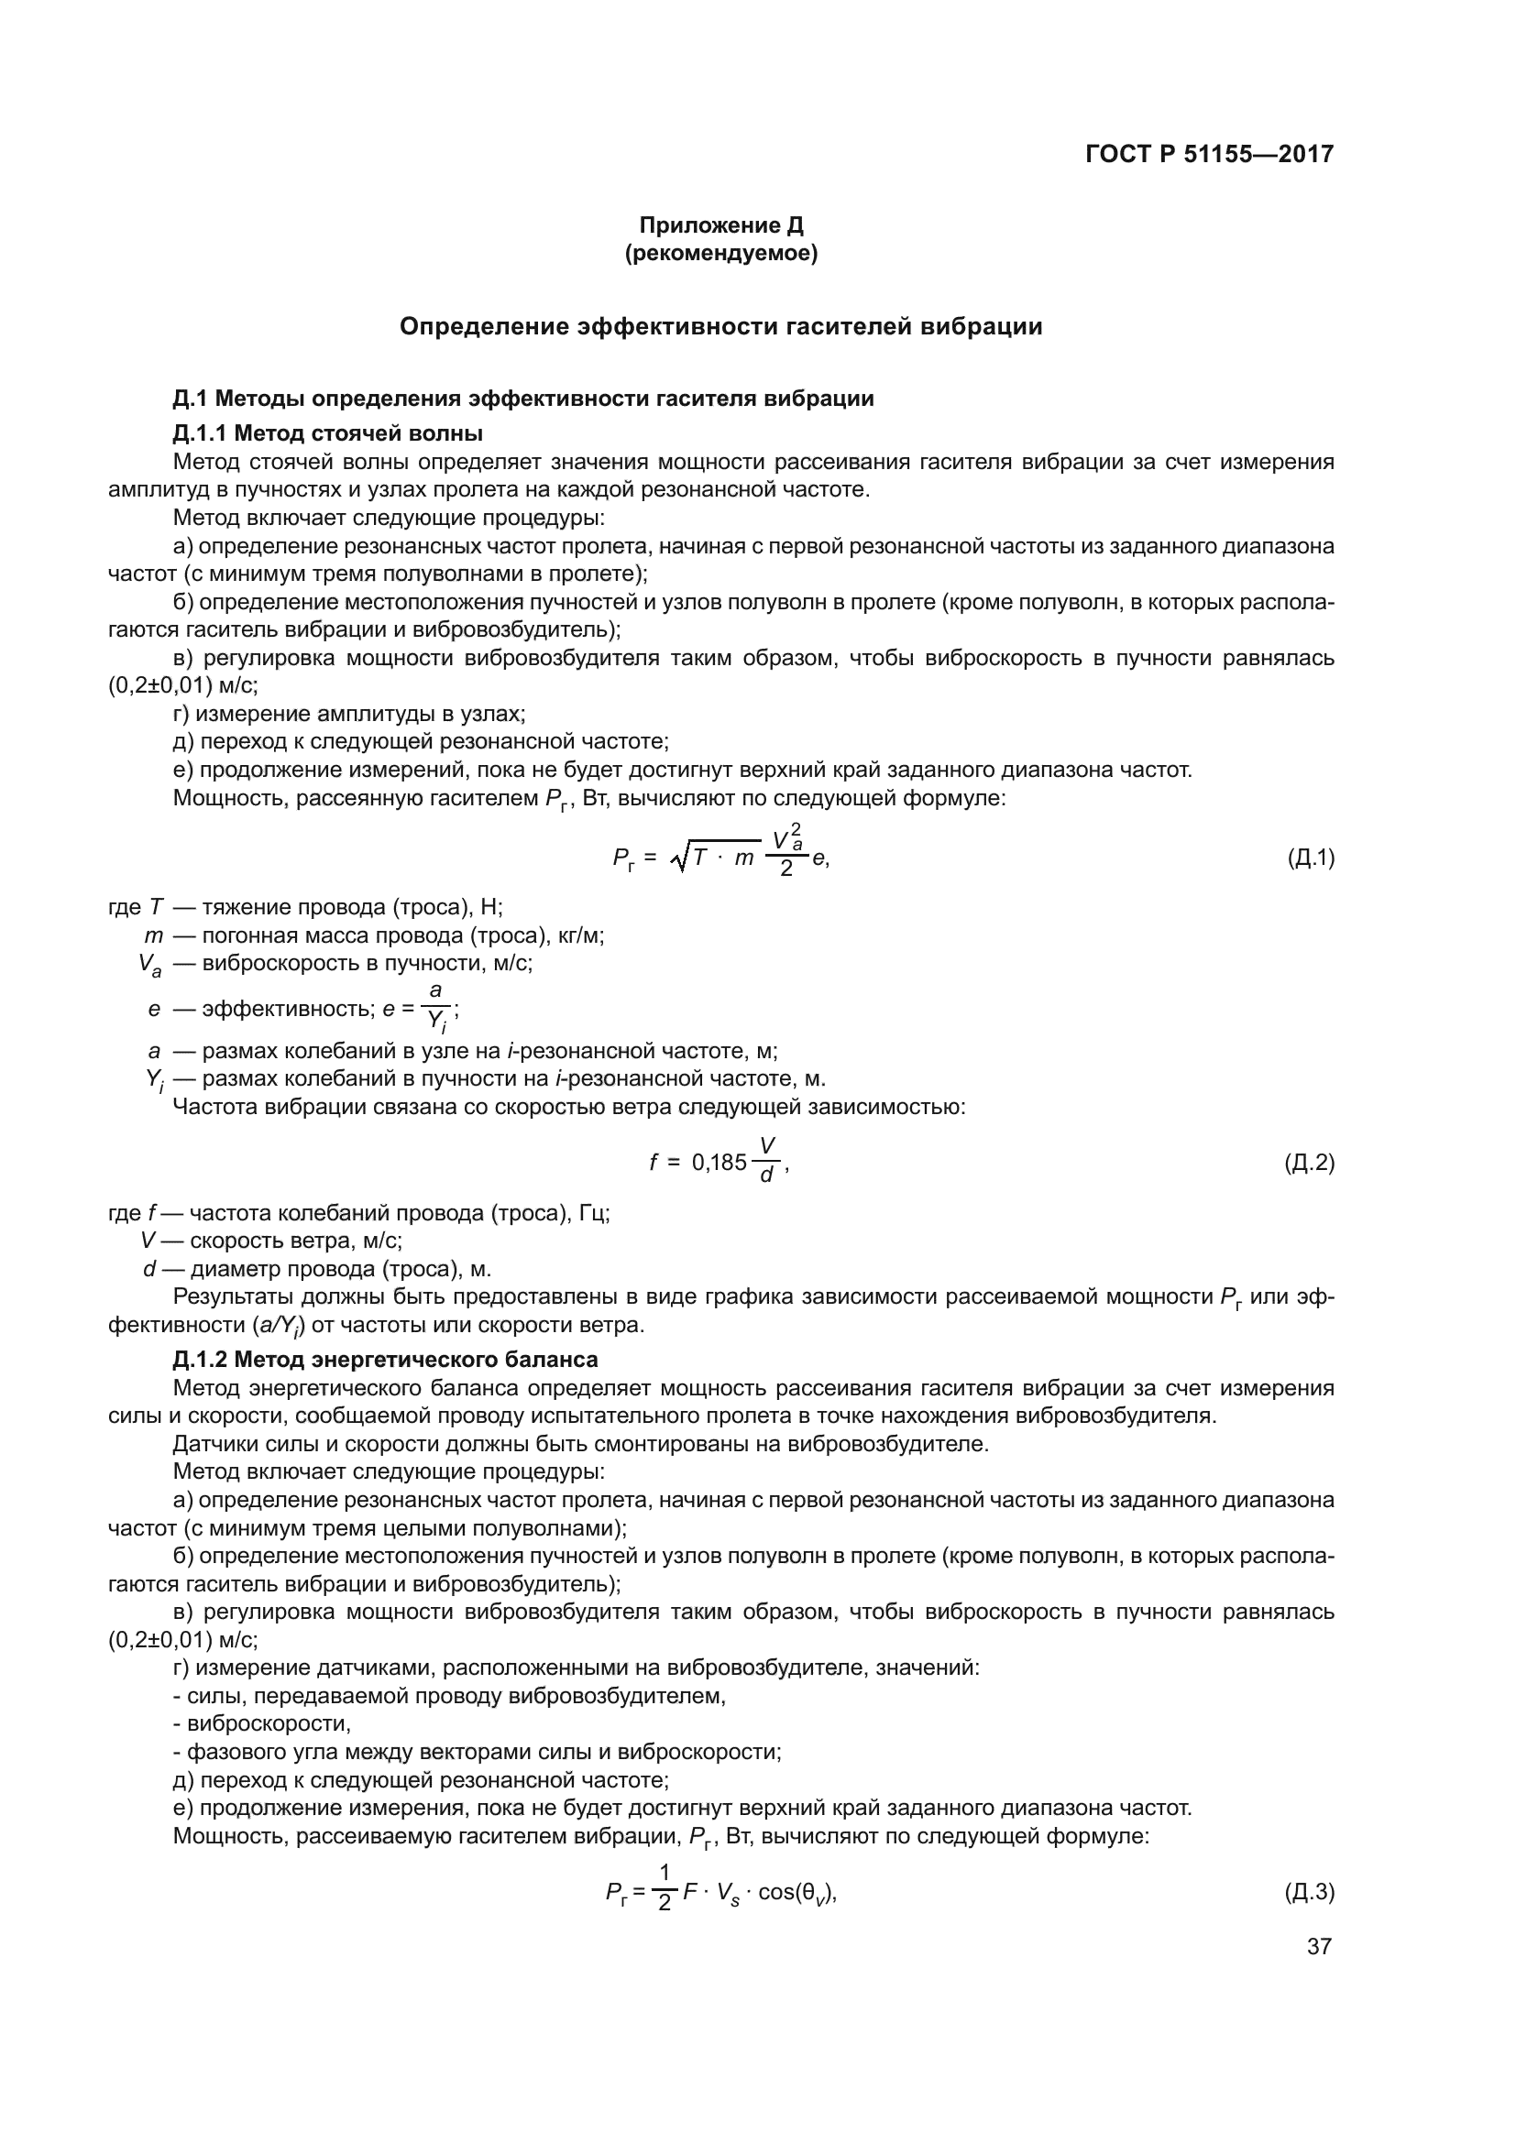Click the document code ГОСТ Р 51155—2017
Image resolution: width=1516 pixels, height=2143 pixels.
click(x=1209, y=154)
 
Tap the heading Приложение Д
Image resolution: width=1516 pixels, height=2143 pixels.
click(x=720, y=225)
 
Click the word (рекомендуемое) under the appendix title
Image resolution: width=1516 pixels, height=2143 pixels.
click(x=720, y=253)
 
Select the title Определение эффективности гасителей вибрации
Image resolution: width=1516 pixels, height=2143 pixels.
click(x=720, y=327)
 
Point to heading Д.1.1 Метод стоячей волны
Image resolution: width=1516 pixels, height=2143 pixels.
click(x=327, y=433)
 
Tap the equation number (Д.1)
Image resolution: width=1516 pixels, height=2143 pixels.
click(x=1310, y=858)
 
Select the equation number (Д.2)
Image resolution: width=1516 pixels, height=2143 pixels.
click(x=1310, y=1163)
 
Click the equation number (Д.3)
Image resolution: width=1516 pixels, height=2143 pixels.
click(x=1310, y=1892)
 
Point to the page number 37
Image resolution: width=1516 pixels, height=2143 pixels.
click(x=1319, y=1946)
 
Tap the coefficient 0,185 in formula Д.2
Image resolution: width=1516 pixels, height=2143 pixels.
click(x=719, y=1163)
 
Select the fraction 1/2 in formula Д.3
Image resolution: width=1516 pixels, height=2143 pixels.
click(x=665, y=1890)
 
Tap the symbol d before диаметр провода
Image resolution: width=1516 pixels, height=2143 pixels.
click(x=149, y=1269)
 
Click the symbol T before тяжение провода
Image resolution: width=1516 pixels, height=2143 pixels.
click(x=156, y=907)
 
